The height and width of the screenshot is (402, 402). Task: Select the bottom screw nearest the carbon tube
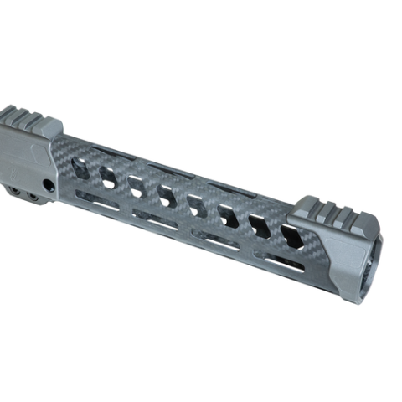[34, 197]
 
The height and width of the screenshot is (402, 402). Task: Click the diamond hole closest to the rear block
[81, 167]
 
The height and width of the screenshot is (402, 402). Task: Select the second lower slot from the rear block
[156, 219]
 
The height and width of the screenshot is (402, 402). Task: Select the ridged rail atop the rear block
[29, 120]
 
